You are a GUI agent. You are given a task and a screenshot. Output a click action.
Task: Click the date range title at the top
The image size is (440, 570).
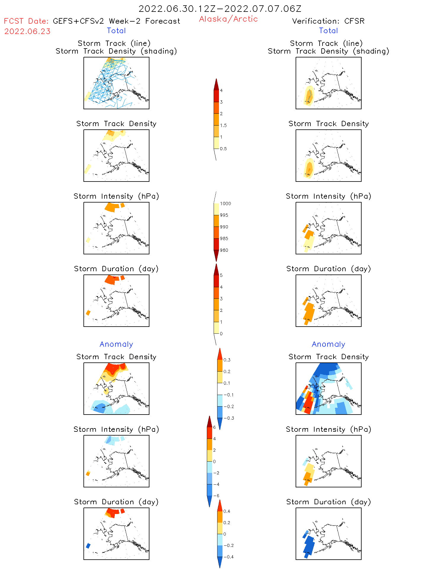click(x=220, y=9)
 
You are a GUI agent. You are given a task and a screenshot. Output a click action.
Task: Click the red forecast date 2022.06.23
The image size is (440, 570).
click(x=27, y=31)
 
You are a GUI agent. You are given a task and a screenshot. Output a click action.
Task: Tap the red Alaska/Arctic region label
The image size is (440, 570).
click(x=228, y=19)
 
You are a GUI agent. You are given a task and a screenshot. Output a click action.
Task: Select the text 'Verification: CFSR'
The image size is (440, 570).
click(x=328, y=21)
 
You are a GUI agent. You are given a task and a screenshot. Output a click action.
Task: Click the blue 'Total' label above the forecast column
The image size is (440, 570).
click(x=116, y=30)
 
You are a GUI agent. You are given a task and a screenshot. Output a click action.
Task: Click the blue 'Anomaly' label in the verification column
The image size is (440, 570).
click(x=328, y=344)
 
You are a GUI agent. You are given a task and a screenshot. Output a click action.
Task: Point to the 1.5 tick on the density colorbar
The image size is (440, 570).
click(x=223, y=125)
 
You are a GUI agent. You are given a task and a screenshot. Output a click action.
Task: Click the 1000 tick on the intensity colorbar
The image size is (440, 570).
click(x=225, y=203)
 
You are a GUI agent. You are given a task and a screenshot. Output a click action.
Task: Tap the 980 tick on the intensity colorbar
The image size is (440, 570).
click(x=224, y=250)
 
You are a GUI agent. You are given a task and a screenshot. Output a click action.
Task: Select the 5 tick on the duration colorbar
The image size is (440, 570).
click(x=221, y=275)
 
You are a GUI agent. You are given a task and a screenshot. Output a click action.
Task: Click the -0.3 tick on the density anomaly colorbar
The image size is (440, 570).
click(x=228, y=418)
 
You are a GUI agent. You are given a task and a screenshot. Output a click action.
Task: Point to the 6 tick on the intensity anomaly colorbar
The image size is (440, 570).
click(x=215, y=427)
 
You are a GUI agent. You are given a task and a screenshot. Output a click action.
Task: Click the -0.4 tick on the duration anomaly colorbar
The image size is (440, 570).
click(x=228, y=557)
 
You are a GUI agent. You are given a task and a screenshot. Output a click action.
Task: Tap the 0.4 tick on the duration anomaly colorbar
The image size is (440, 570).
click(x=227, y=511)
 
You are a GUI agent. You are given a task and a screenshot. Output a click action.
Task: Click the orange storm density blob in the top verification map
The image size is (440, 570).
click(x=309, y=95)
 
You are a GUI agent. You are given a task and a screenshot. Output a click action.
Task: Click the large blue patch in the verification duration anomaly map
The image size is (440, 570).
click(x=309, y=545)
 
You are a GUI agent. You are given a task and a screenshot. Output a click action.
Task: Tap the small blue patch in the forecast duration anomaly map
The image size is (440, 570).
click(x=88, y=546)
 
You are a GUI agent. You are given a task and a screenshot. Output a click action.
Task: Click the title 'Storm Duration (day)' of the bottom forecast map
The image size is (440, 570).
click(x=116, y=502)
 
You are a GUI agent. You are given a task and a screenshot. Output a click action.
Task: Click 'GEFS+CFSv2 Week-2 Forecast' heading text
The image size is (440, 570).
click(x=116, y=21)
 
